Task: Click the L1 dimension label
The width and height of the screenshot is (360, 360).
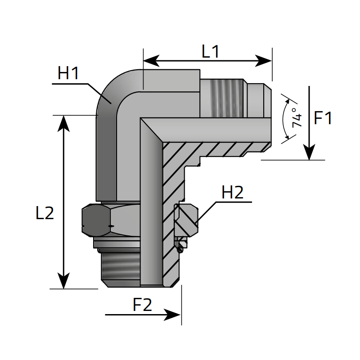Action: click(x=210, y=52)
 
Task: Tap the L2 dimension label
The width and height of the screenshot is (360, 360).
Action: click(x=45, y=213)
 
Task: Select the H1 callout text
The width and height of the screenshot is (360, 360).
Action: click(x=68, y=73)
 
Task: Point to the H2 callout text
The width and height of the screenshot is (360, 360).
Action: click(x=233, y=193)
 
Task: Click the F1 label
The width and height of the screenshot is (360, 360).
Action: click(x=323, y=118)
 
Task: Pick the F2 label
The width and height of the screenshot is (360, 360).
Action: click(x=142, y=306)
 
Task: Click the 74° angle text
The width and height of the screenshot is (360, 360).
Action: click(x=295, y=117)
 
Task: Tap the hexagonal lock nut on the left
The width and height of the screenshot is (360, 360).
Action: click(x=110, y=220)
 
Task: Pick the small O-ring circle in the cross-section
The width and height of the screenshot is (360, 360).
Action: click(x=181, y=246)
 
